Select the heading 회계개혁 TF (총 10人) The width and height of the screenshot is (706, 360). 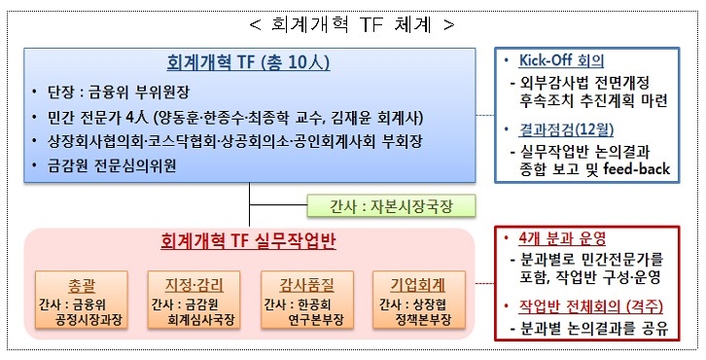click(251, 65)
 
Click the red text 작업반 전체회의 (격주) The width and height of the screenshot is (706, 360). click(585, 306)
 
